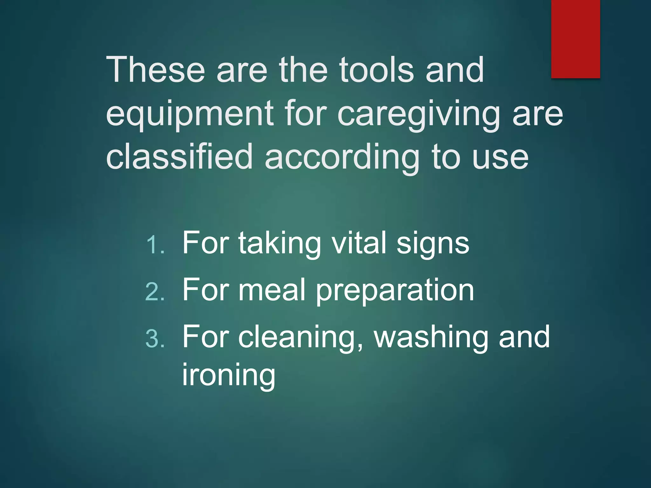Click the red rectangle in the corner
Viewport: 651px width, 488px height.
[575, 39]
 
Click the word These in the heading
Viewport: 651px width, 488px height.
[155, 70]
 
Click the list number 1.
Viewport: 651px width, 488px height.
[155, 245]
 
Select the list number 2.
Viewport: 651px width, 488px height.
[155, 292]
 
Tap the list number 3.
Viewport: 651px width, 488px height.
[155, 339]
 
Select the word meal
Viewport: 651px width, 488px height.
[272, 290]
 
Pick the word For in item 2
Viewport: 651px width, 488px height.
[205, 290]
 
